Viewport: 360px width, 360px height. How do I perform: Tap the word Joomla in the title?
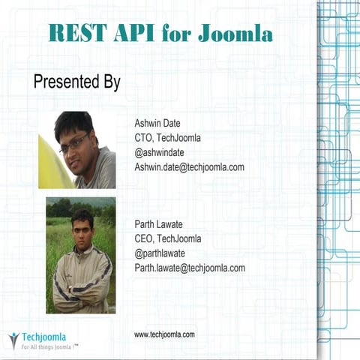click(x=236, y=33)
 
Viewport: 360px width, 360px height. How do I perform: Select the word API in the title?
click(x=133, y=33)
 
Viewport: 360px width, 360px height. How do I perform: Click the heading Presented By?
click(x=76, y=82)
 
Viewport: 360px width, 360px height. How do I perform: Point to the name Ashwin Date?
click(x=157, y=123)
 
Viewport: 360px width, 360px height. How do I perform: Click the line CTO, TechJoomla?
click(x=167, y=138)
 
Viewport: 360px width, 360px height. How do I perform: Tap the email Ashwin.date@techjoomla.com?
click(x=189, y=167)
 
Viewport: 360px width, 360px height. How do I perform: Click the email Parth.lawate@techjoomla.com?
click(x=190, y=268)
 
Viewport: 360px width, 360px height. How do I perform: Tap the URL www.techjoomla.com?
click(x=164, y=334)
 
